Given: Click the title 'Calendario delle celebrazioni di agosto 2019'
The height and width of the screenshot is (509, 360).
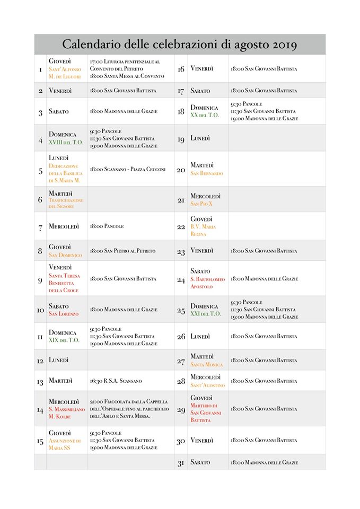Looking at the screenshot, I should [x=179, y=44].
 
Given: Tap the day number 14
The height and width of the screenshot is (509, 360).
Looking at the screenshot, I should [x=40, y=409].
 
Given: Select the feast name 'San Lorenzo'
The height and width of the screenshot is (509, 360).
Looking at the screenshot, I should [x=64, y=314].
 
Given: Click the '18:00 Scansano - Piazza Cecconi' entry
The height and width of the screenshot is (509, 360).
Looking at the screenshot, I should [x=128, y=170].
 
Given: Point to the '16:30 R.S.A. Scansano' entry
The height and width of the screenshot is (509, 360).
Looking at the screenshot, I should [x=116, y=381].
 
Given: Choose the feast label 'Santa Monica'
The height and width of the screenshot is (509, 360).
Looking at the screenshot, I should [x=207, y=364].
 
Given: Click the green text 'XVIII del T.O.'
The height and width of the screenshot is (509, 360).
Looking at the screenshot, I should [x=66, y=142].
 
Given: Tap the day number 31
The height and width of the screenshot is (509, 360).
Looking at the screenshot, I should [x=181, y=462].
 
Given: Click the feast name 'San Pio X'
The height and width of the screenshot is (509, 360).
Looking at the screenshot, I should [x=201, y=204].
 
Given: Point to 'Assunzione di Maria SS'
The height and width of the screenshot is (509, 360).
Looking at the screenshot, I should [x=65, y=444].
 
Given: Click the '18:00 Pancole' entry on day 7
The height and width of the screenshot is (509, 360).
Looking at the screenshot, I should [x=107, y=226].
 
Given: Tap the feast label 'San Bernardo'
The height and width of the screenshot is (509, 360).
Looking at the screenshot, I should [x=207, y=173].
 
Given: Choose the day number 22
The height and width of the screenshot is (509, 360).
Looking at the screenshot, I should [x=181, y=226].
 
